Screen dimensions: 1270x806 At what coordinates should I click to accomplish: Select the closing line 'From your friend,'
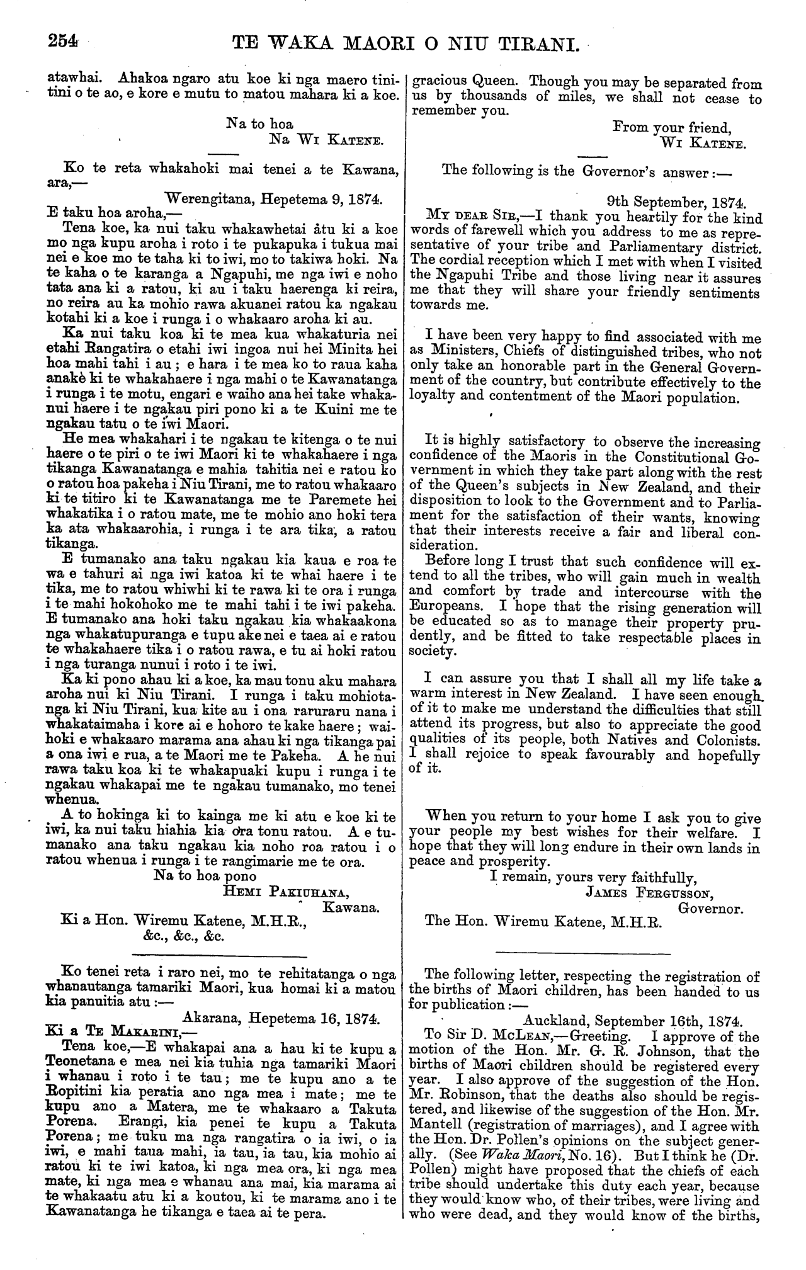(x=671, y=128)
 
